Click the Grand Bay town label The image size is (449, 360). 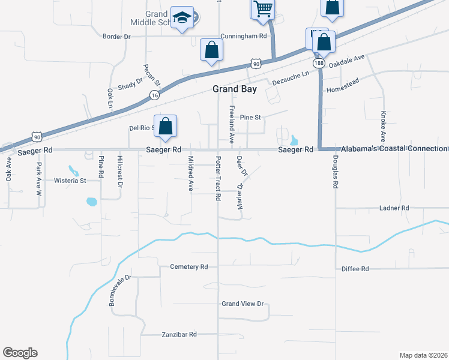tap(235, 89)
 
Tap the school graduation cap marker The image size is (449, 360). tap(180, 18)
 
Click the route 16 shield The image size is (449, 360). tap(154, 95)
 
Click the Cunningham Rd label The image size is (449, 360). tap(243, 36)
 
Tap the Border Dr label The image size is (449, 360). tap(116, 37)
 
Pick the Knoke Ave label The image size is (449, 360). tap(382, 126)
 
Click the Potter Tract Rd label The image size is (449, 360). tap(217, 179)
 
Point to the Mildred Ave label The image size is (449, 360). tap(190, 173)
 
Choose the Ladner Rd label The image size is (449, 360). tap(394, 208)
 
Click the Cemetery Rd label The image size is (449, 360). tap(188, 266)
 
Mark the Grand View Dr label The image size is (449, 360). tap(243, 304)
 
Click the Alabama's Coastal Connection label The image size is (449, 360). tap(394, 148)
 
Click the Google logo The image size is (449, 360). tap(20, 353)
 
